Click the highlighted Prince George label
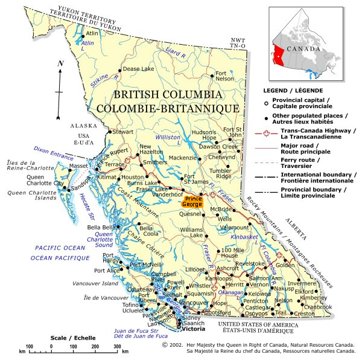point(194,202)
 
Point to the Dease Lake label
point(139,69)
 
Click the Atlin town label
point(92,33)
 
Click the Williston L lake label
point(168,138)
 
